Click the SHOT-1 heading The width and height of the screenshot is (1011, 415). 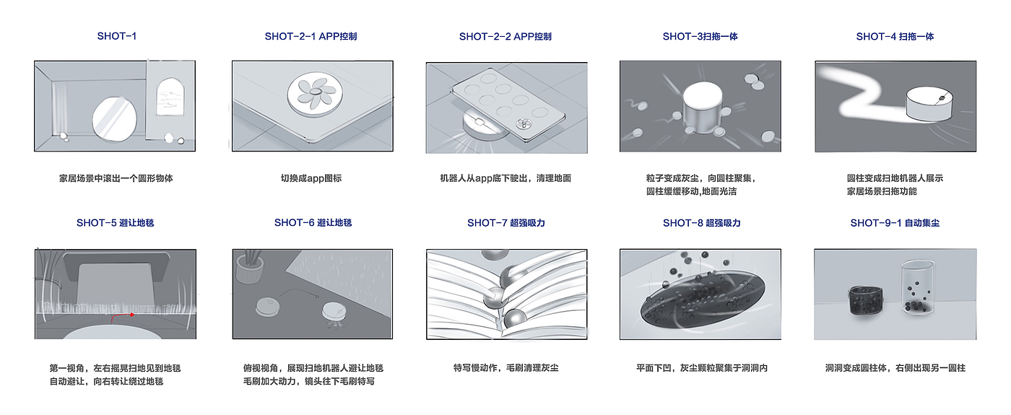tap(116, 36)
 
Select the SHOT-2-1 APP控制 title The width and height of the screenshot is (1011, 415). tap(311, 37)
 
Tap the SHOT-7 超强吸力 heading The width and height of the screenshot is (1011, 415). tap(506, 223)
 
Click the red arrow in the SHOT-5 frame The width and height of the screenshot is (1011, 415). tap(122, 317)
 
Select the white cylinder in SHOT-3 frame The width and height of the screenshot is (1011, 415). tap(702, 108)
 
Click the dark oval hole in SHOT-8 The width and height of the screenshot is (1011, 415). tap(703, 300)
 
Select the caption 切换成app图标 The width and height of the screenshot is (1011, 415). tap(311, 178)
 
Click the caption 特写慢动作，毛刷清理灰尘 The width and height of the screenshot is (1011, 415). tap(506, 368)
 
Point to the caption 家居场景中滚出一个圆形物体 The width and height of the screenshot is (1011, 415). tap(116, 178)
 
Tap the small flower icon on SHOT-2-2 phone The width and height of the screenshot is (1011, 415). tap(524, 123)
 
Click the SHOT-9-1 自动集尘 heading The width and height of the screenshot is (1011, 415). tap(895, 223)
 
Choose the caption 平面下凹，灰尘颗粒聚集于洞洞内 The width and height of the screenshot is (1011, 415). tap(702, 368)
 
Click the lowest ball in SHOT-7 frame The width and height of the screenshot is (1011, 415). tap(515, 319)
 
